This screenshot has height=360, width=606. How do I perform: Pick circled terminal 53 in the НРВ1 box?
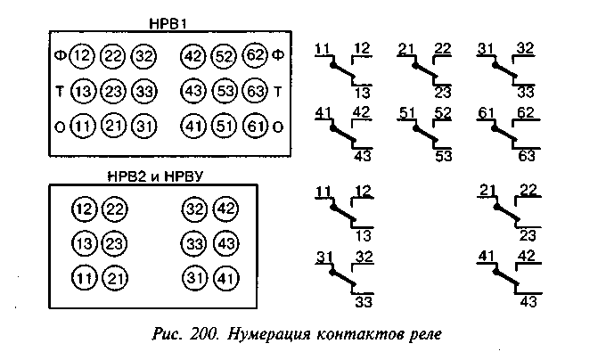coord(225,91)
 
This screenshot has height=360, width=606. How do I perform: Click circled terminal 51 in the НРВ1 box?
coord(225,125)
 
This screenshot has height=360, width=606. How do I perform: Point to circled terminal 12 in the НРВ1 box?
coord(83,57)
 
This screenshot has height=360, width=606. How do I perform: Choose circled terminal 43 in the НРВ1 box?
coord(193,91)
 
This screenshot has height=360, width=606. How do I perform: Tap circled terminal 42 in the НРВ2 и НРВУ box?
coord(225,209)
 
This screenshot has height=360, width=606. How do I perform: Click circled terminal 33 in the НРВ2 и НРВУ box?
coord(194,243)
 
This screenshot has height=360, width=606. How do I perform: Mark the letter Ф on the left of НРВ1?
coord(57,57)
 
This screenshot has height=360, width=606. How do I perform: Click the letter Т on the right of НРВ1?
coord(279,91)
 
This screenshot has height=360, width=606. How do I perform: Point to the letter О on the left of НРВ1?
coord(57,125)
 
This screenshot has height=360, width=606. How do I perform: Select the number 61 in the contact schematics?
coord(485,112)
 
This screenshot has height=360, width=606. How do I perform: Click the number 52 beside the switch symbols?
coord(443,112)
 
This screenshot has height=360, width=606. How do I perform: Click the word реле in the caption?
coord(422,336)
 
